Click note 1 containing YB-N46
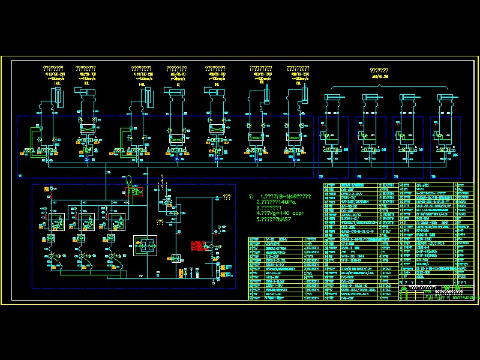click(x=283, y=197)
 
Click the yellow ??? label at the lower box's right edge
click(x=226, y=196)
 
